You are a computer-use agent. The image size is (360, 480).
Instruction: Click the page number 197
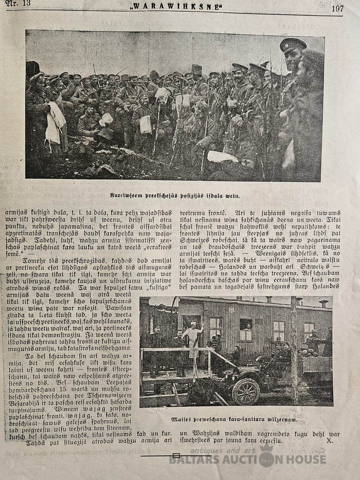pos(337,8)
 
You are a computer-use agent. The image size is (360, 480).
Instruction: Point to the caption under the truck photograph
pos(234,419)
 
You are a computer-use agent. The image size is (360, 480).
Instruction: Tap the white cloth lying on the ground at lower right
pos(222,157)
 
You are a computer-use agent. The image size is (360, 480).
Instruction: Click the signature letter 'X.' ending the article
pos(330,441)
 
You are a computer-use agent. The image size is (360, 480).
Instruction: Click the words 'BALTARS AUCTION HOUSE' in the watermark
pos(248,460)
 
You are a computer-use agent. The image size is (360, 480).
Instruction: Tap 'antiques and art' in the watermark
pos(224,450)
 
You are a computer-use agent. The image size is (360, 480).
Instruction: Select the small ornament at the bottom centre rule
pos(176,455)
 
